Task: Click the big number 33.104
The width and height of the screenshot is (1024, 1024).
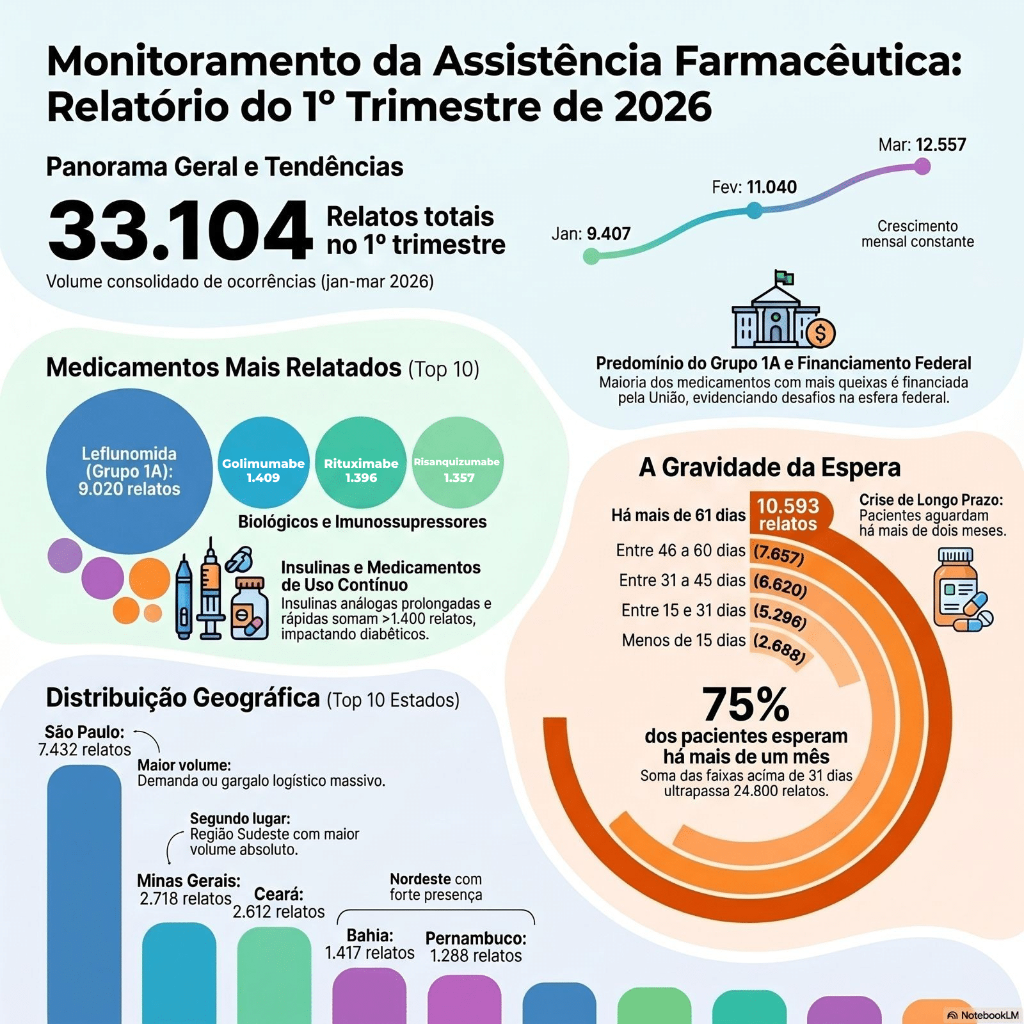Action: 180,230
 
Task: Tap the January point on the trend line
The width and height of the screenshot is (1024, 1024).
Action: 591,257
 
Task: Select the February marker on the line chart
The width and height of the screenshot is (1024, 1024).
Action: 755,210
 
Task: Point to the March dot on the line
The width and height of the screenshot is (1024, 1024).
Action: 922,166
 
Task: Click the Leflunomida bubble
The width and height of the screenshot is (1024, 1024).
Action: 129,471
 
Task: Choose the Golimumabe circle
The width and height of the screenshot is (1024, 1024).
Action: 264,462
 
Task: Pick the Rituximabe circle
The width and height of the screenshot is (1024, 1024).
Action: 361,462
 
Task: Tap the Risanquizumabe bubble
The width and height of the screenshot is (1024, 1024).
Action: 458,462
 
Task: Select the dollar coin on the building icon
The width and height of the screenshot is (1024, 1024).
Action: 820,333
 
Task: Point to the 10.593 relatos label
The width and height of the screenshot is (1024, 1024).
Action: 788,515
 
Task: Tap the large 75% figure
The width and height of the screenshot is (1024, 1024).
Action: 746,705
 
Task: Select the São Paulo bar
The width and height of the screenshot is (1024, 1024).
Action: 84,896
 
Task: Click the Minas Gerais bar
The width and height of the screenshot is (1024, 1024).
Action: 179,973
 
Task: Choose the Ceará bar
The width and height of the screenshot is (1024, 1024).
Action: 274,976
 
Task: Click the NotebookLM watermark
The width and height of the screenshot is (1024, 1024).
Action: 983,1015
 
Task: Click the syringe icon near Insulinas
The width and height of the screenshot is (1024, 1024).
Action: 211,589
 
